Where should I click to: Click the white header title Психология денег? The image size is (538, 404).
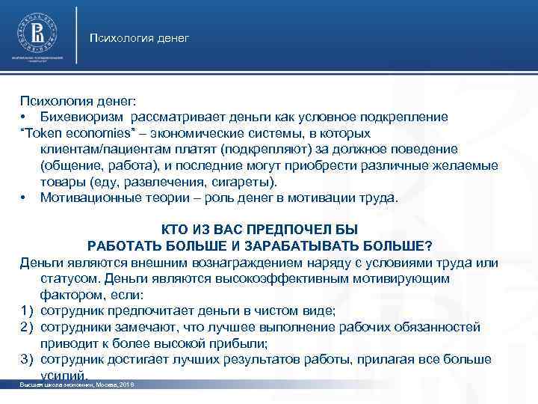139,37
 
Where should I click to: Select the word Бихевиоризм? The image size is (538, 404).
83,117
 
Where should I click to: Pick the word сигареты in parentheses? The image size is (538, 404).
249,183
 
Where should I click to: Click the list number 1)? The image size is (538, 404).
27,311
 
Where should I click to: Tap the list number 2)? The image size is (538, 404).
27,328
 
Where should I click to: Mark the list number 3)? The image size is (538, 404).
27,360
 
